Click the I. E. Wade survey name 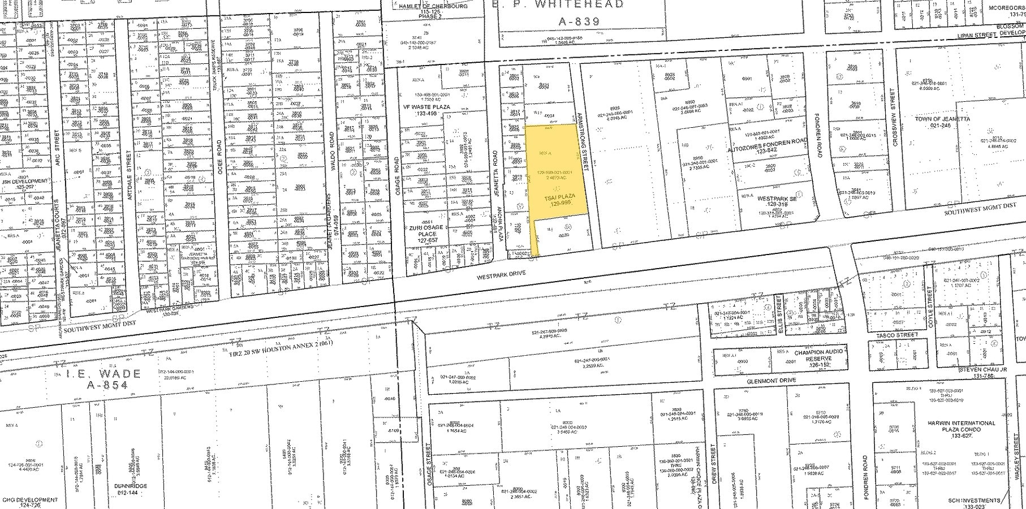[x=104, y=373]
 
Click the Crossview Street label [x=894, y=118]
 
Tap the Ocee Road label [x=219, y=156]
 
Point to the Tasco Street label [x=897, y=335]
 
